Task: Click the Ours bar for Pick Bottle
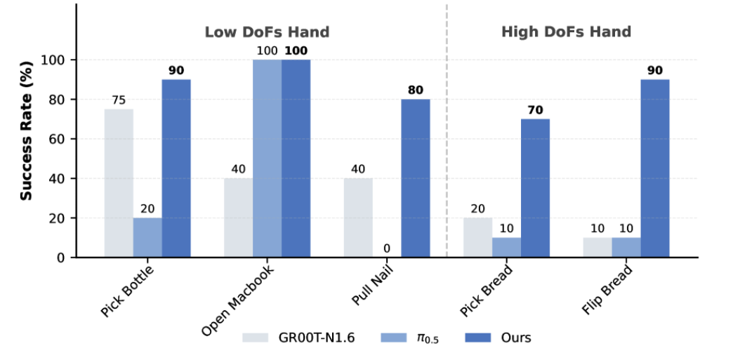tap(176, 168)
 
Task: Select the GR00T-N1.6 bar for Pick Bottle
tap(119, 183)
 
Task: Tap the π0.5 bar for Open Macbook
tap(267, 159)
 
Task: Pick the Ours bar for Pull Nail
tap(416, 178)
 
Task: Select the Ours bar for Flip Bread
tap(654, 168)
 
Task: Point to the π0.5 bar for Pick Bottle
tap(147, 238)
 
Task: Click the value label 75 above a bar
tap(119, 100)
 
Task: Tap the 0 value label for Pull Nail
tap(387, 248)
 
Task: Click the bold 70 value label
tap(535, 109)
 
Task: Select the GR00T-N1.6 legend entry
tap(299, 338)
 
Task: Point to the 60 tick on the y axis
tap(57, 139)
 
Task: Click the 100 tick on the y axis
tap(54, 60)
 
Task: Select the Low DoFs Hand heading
tap(267, 32)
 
